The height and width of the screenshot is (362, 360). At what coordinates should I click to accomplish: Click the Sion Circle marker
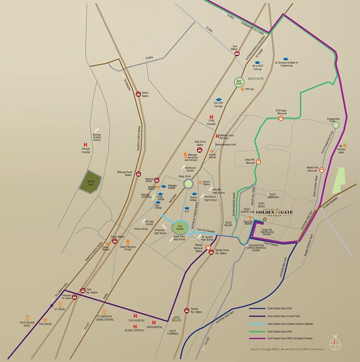tap(238, 82)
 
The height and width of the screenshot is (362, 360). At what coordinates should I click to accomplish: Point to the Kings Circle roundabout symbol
tap(188, 183)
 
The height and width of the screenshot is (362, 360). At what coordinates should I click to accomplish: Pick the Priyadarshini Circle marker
tap(336, 125)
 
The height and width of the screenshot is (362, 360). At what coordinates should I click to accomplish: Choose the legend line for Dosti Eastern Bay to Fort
tap(261, 308)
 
